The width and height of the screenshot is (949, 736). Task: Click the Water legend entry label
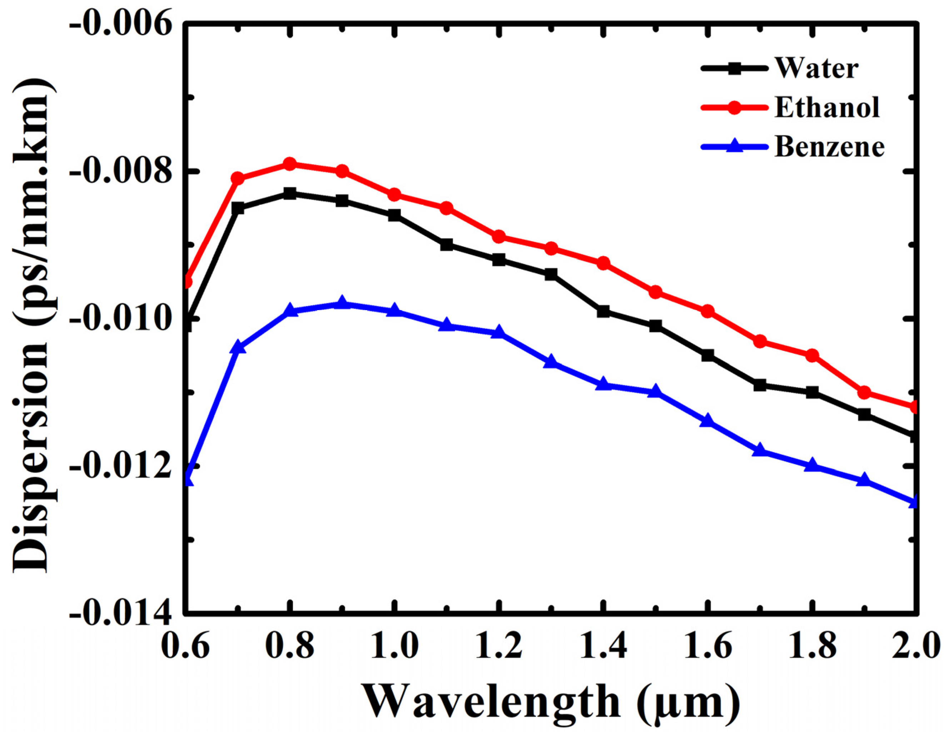coord(816,68)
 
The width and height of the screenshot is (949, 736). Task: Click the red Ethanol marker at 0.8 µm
coord(290,164)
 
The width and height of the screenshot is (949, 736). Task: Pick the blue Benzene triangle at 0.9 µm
coord(342,303)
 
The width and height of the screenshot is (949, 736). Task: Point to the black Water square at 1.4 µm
coord(603,311)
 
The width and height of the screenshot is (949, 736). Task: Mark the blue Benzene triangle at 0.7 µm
coord(238,347)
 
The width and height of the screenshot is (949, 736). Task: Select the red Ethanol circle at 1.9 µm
coord(864,392)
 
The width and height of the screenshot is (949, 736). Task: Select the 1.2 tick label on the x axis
coord(499,646)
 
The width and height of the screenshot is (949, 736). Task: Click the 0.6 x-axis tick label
coord(185,646)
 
